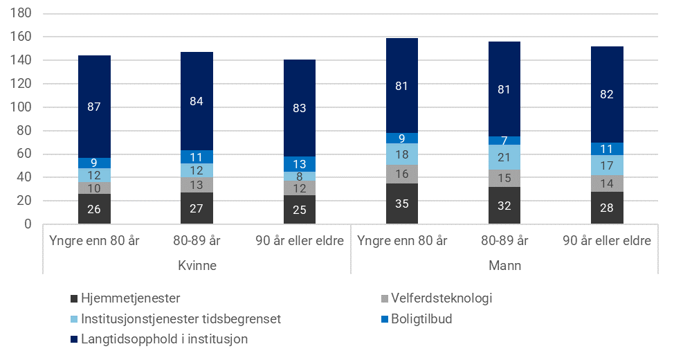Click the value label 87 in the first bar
click(94, 107)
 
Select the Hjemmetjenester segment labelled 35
click(401, 204)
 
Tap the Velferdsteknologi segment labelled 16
click(401, 174)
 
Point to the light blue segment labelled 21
click(504, 157)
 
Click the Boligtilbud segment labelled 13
click(299, 164)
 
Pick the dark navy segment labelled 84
click(197, 102)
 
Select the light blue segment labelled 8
click(299, 177)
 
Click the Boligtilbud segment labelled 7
click(504, 141)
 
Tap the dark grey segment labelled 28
click(607, 208)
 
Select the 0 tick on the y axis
click(28, 224)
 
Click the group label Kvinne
click(197, 265)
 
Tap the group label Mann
click(504, 265)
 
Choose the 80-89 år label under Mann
click(504, 242)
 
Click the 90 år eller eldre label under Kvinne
click(299, 242)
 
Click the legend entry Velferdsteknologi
click(440, 299)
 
